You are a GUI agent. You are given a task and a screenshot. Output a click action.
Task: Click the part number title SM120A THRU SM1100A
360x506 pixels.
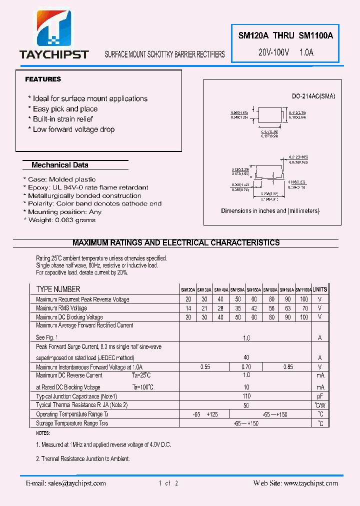coord(285,35)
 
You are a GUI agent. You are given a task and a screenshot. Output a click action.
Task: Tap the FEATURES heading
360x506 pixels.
coord(43,79)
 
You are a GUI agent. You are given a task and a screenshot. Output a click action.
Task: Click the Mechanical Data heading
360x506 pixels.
coord(60,165)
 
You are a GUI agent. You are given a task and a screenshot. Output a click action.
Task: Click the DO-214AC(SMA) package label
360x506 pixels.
coord(313,96)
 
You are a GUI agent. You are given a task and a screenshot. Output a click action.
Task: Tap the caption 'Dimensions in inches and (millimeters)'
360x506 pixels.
coord(270,211)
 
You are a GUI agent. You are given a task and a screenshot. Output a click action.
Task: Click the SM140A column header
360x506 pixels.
coord(221,289)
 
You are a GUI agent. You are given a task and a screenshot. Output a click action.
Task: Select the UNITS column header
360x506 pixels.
coord(320,289)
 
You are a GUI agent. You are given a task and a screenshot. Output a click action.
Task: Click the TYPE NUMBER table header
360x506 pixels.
coord(58,289)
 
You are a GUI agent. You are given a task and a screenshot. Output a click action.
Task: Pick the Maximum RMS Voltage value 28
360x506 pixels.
coord(221,308)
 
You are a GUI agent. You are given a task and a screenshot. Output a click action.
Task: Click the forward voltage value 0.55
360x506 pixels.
coord(205,366)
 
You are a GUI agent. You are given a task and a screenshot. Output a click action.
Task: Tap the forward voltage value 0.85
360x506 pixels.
coord(288,366)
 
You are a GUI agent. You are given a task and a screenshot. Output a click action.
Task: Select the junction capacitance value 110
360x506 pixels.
coord(246,396)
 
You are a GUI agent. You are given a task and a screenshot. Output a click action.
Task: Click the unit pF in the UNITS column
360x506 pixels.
coord(320,396)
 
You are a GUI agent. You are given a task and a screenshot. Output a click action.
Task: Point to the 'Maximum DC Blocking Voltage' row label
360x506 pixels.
coord(69,317)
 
